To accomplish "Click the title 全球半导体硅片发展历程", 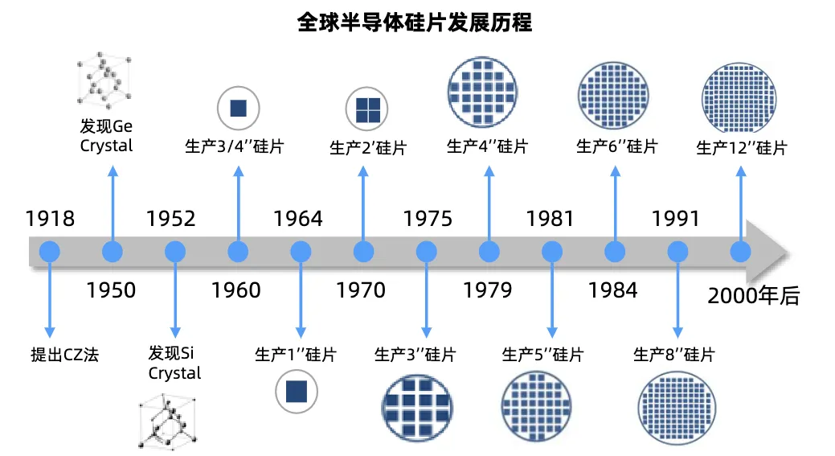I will pos(415,22).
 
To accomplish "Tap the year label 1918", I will pos(50,219).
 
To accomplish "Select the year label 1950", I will pos(112,290).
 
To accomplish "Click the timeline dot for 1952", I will pos(175,252).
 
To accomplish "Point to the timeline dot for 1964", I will pos(301,252).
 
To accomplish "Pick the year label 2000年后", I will pos(754,295).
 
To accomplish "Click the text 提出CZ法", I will pos(64,354).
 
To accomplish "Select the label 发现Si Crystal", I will pos(174,364).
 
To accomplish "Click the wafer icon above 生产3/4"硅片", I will pos(238,108).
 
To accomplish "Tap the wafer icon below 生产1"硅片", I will pos(297,392).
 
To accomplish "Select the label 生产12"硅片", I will pos(741,148).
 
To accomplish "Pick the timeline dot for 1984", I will pos(615,252).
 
